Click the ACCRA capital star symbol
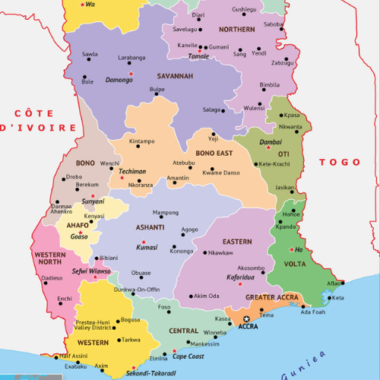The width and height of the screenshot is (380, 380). (245, 319)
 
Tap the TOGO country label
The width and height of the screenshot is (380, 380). (339, 162)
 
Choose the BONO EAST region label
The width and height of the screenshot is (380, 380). (215, 154)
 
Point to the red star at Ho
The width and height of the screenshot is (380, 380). (291, 250)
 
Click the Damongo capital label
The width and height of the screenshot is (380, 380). (119, 79)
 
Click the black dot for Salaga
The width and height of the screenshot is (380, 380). (224, 110)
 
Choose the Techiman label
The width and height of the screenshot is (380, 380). (133, 172)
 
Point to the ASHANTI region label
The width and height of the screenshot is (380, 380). (151, 227)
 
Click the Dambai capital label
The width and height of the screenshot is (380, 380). (271, 142)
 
